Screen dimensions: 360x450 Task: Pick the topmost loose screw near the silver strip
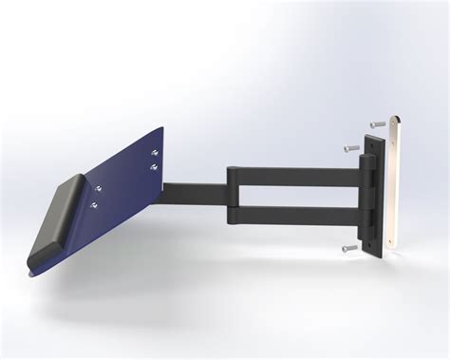click(x=379, y=124)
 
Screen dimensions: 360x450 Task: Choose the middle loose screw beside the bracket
click(x=350, y=147)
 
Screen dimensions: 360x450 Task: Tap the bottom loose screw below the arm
click(x=348, y=247)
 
